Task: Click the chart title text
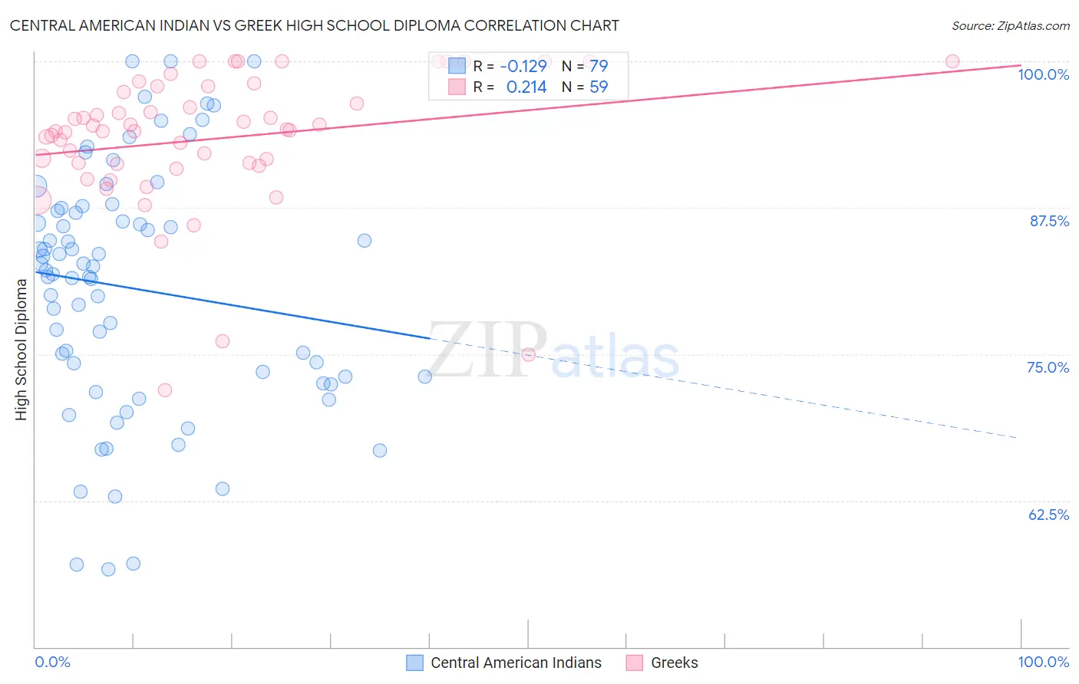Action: (x=314, y=25)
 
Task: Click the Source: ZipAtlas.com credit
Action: (x=1010, y=26)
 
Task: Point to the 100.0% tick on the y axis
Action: (x=1043, y=74)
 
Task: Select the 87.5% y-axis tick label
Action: (x=1048, y=221)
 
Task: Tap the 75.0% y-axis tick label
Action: (x=1048, y=367)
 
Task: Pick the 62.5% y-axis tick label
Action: (x=1048, y=515)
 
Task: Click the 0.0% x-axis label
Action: (x=52, y=662)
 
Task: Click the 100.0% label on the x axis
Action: (x=1043, y=662)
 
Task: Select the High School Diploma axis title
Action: (x=21, y=349)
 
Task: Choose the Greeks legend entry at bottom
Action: (x=674, y=663)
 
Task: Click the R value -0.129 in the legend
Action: (x=523, y=66)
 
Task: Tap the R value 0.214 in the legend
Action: (x=526, y=87)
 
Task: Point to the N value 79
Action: (x=599, y=66)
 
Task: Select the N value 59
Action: (x=599, y=87)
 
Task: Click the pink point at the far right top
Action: (x=952, y=61)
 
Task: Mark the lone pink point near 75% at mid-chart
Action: (x=528, y=354)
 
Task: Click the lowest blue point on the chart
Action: (x=108, y=569)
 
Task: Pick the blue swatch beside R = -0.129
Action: (x=457, y=66)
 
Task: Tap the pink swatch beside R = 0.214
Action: (x=457, y=87)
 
